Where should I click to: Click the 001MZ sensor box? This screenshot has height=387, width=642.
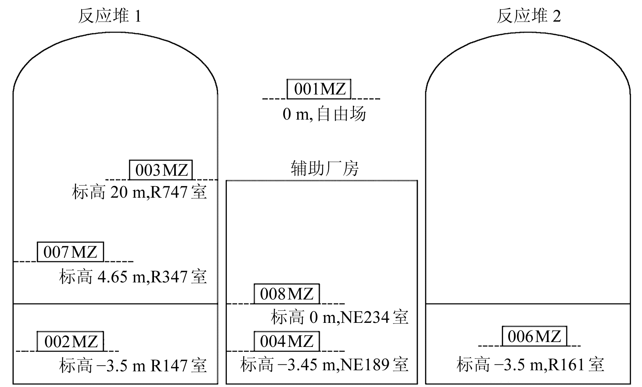(x=319, y=89)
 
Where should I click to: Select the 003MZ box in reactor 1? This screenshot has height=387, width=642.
(x=161, y=170)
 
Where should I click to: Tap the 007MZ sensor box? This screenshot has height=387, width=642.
(x=70, y=252)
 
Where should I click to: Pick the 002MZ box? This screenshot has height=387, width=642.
(x=70, y=341)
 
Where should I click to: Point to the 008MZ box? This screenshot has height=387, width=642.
(x=286, y=294)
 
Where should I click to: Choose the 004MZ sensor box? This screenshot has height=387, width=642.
(x=286, y=341)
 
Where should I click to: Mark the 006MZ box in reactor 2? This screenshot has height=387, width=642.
(x=534, y=336)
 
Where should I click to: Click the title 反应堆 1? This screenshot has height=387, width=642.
(x=110, y=16)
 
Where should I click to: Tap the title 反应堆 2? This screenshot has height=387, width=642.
(x=528, y=16)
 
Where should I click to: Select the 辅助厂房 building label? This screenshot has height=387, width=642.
(x=325, y=169)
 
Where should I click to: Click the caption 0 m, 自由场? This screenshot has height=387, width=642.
(x=324, y=114)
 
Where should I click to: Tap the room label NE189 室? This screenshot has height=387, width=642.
(x=374, y=365)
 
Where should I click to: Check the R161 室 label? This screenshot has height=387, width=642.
(x=576, y=365)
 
